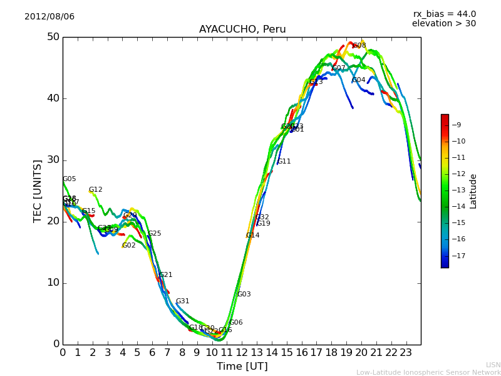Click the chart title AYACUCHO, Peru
(x=242, y=29)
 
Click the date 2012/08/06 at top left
(x=49, y=17)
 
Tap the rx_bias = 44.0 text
(x=445, y=14)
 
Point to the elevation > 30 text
(x=444, y=24)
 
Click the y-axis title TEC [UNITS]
(x=38, y=191)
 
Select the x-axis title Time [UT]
(x=242, y=367)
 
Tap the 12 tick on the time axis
(x=242, y=352)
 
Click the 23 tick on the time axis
(x=406, y=352)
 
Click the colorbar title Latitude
(x=473, y=191)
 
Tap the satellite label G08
(x=359, y=46)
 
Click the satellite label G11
(x=284, y=162)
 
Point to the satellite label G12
(x=96, y=190)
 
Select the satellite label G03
(x=244, y=295)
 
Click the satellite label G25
(x=155, y=234)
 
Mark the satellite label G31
(x=183, y=301)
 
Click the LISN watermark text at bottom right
(x=493, y=365)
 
